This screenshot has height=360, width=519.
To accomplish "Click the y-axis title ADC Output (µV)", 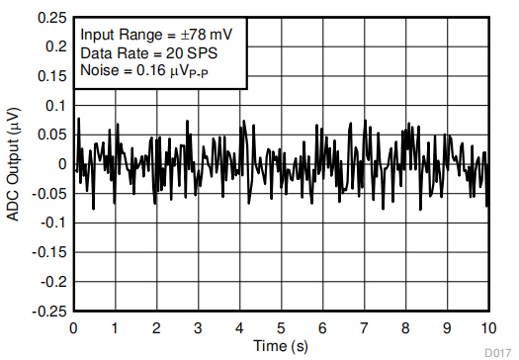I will (x=14, y=164).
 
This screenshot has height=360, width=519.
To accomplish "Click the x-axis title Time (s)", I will (x=281, y=346).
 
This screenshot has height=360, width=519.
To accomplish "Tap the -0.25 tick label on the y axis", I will (x=48, y=310).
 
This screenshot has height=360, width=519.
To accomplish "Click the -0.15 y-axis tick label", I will (x=48, y=251).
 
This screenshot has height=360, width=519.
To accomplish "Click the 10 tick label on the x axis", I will (x=487, y=327).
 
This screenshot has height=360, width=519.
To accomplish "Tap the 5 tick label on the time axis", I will (x=281, y=327).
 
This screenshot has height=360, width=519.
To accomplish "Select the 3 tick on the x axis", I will (x=199, y=327).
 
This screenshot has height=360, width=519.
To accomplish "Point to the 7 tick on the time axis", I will (x=364, y=327).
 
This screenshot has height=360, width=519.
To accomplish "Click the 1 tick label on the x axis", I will (x=116, y=327).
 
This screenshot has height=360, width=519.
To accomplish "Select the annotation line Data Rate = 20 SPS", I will (x=148, y=52).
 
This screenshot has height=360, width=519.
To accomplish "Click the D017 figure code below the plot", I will (x=498, y=351).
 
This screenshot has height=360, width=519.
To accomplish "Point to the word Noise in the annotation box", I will (x=99, y=71).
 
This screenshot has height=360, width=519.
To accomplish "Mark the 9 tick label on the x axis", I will (x=447, y=327).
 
